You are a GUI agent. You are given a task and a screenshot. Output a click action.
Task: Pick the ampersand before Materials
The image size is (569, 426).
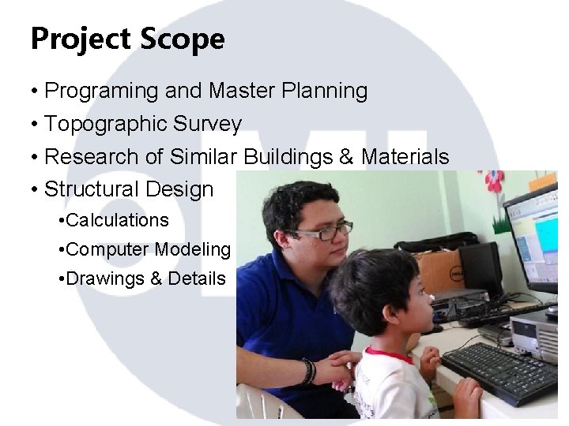(346, 157)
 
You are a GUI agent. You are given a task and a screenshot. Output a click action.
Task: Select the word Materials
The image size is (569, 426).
(405, 157)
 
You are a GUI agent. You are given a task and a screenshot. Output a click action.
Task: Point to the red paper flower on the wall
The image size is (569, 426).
(494, 181)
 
